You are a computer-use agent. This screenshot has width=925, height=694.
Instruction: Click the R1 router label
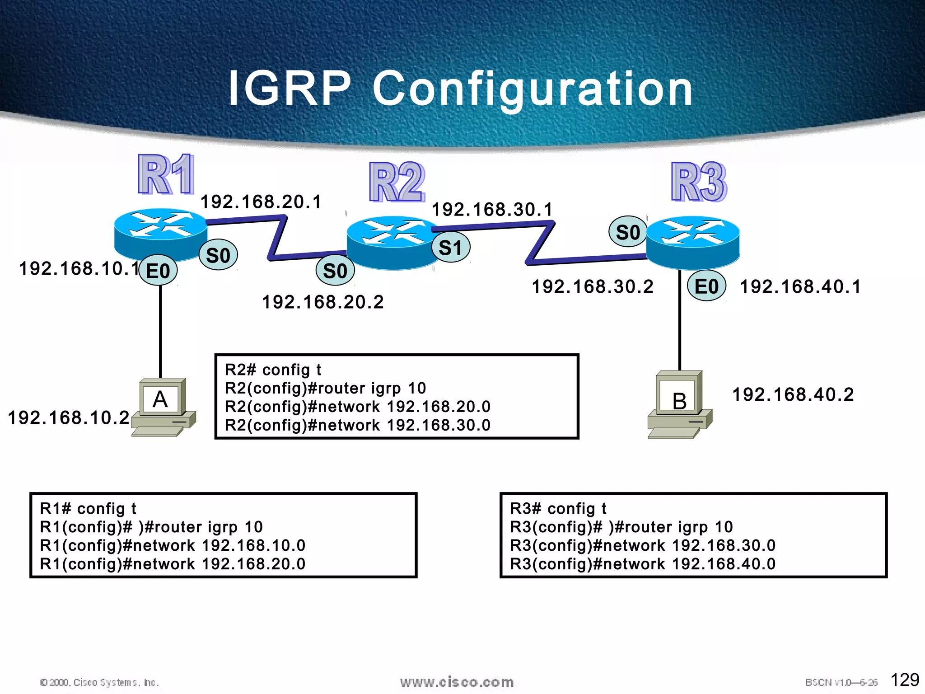pos(166,174)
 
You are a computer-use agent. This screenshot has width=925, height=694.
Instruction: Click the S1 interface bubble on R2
pos(451,248)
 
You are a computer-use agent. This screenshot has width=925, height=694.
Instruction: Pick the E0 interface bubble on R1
pos(158,271)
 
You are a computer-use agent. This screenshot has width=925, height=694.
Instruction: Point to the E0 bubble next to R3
pos(706,286)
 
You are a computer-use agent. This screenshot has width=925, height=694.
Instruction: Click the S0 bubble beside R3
pos(628,232)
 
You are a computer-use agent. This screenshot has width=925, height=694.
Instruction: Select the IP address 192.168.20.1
pos(261,202)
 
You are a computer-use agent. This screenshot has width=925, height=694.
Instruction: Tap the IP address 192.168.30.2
pos(593,286)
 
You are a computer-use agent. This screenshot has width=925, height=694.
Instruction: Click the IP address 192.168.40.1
pos(800,286)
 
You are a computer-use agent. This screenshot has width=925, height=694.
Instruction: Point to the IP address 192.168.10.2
pos(69,417)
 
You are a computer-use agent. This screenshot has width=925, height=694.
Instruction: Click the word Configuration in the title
pos(533,89)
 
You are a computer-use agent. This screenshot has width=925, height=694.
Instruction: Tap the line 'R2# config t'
pos(273,370)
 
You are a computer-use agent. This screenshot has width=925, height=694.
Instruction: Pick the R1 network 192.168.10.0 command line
pos(173,545)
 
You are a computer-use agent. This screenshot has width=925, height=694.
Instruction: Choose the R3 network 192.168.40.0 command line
pos(643,564)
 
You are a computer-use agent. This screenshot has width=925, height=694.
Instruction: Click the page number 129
pos(905,680)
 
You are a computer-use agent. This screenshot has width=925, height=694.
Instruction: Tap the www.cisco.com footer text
pos(457,682)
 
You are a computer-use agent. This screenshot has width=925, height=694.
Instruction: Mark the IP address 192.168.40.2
pos(793,394)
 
